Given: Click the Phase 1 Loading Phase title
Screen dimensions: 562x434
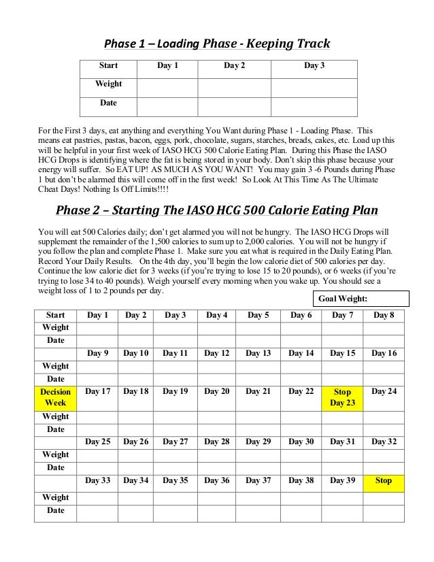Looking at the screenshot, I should point(216,44).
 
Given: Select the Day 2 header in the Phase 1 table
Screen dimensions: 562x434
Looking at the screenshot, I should point(234,66).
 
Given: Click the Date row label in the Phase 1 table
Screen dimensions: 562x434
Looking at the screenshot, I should point(108,103).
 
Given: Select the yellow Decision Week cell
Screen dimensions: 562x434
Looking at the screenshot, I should point(55,397).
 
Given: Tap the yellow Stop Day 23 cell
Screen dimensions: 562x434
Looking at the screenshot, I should point(342,397).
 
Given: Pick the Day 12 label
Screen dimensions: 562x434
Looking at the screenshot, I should point(216,353).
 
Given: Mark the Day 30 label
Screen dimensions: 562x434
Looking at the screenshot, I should point(301,442).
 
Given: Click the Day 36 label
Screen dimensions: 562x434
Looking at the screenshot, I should point(216,480).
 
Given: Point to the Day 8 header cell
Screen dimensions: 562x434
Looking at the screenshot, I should point(384,315).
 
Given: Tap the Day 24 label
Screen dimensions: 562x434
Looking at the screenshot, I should point(384,392).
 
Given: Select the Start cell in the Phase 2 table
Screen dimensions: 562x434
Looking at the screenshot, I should point(55,315).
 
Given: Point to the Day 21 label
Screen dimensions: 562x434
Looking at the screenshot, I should point(258,392).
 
